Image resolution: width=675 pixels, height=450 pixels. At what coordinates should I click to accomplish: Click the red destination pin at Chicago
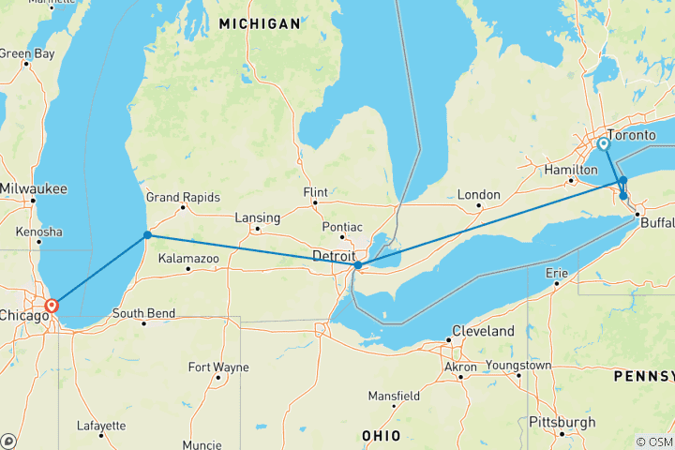[x=52, y=305]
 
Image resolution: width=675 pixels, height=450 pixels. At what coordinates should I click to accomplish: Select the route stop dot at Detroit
[x=358, y=265]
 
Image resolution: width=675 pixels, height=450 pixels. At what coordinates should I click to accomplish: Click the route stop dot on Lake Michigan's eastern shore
[x=147, y=235]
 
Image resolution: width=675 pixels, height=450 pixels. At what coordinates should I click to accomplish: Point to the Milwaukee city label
[x=34, y=188]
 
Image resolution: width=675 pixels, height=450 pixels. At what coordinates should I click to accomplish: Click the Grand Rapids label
[x=183, y=198]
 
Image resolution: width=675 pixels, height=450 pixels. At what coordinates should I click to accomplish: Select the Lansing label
[x=258, y=217]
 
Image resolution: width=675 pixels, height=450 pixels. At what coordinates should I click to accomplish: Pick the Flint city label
[x=316, y=192]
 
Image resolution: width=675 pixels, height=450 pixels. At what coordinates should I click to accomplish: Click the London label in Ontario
[x=479, y=194]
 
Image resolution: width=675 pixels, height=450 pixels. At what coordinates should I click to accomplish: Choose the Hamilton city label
[x=571, y=170]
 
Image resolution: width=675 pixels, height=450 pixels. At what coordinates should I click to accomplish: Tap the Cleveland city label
[x=483, y=332]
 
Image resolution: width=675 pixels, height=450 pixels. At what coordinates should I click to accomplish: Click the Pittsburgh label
[x=562, y=423]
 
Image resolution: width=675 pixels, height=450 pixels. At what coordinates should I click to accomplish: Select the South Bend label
[x=141, y=313]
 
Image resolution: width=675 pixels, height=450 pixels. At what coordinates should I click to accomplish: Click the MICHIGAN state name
[x=261, y=22]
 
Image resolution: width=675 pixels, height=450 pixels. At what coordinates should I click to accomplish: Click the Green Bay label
[x=26, y=53]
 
